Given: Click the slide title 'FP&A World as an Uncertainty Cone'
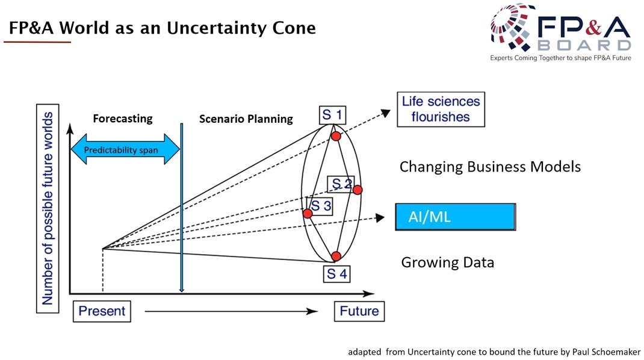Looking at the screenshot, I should [x=162, y=28].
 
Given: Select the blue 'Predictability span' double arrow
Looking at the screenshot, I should [x=125, y=150].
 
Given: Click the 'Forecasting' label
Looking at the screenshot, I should [x=122, y=119].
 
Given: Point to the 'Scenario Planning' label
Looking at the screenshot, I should [x=246, y=119].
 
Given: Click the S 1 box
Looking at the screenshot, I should [x=332, y=115].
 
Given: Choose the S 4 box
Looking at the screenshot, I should [x=336, y=273].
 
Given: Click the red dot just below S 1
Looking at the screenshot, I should [x=336, y=136].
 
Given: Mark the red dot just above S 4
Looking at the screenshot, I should [x=336, y=256].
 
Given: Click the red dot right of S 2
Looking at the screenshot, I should [x=357, y=190].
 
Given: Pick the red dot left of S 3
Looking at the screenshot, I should [x=308, y=213].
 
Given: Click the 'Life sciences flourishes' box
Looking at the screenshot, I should [x=441, y=109].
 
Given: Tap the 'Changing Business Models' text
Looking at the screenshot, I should [x=490, y=167].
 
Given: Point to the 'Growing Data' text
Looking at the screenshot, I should [x=447, y=262].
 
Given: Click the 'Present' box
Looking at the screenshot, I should [x=102, y=311].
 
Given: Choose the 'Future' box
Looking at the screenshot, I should [x=359, y=311].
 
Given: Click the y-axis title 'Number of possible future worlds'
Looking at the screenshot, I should [x=48, y=211].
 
